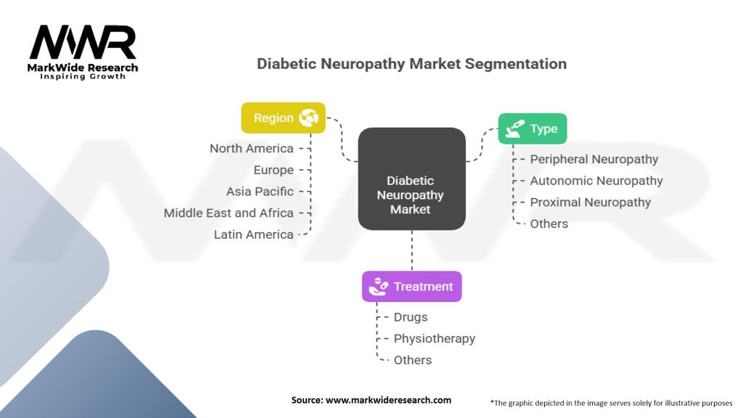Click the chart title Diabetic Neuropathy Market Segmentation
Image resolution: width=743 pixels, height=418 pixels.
coord(411,64)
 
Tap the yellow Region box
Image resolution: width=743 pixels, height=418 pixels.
coord(283,118)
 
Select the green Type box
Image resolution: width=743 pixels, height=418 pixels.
coord(532,128)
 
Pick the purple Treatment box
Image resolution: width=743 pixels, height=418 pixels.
coord(411,287)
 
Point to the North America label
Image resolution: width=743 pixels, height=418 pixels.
coord(251,148)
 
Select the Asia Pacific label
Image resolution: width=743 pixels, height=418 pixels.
coord(260,192)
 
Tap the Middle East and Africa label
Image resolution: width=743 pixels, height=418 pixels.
coord(229,213)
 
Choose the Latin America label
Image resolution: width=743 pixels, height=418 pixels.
coord(253,234)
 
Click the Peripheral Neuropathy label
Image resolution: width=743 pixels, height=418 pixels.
coord(594,159)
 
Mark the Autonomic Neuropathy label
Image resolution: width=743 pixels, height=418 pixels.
coord(596,181)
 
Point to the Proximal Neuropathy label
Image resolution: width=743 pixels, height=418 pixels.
coord(590,202)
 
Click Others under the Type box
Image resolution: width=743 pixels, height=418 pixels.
coord(549,224)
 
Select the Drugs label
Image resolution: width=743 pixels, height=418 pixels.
coord(411,317)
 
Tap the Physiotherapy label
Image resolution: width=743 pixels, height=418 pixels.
coord(434,339)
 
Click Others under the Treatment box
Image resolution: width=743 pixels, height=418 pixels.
coord(412,360)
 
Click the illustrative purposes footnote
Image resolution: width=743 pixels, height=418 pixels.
coord(612,402)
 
